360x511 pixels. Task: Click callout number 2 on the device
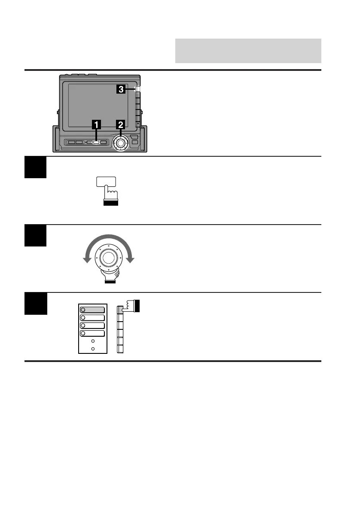[121, 125]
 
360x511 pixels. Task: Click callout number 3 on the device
[122, 89]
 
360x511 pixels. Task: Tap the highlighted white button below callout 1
[97, 142]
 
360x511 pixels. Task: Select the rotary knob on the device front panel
[121, 143]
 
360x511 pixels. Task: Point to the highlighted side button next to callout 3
[138, 90]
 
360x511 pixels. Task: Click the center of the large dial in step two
[109, 259]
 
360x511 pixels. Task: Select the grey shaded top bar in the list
[92, 310]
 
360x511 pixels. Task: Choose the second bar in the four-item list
[92, 317]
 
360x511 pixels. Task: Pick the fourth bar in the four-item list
[92, 333]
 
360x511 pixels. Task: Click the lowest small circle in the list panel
[93, 349]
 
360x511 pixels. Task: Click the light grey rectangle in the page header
[248, 51]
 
